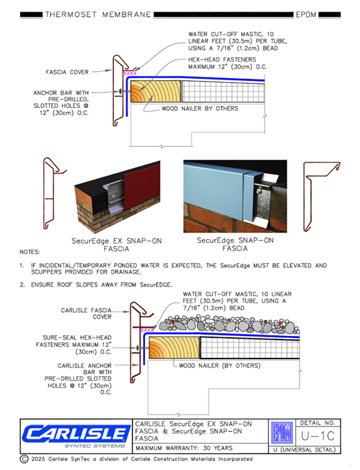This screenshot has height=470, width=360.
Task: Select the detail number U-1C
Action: point(318,436)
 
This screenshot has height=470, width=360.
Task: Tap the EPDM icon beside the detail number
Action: point(282,433)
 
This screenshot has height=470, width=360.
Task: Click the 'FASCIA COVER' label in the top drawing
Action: point(67,72)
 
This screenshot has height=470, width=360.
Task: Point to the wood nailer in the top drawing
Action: point(156,92)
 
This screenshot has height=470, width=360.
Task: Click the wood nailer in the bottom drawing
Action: point(175,348)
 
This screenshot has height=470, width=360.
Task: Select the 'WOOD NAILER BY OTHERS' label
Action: point(200,108)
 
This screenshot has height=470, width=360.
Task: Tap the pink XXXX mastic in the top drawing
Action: point(130,73)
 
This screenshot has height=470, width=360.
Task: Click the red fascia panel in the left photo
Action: point(142,185)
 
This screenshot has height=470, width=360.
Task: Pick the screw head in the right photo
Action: point(257,190)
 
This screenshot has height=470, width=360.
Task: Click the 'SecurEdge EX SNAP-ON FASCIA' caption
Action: point(116,244)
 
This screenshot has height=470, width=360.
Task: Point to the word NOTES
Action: point(30,252)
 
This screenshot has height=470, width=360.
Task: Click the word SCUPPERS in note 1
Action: point(47,272)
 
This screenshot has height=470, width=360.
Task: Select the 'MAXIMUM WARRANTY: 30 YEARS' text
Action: point(184,448)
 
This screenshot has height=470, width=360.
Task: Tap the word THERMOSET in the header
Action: point(71,14)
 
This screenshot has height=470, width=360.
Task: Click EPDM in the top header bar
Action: point(306,14)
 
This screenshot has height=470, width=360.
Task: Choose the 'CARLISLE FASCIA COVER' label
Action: point(87,314)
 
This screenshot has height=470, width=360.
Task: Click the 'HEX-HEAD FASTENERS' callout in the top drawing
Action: point(222,60)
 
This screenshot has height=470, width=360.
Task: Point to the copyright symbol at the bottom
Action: point(24,459)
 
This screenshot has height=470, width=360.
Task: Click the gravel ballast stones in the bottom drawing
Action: point(229,324)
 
